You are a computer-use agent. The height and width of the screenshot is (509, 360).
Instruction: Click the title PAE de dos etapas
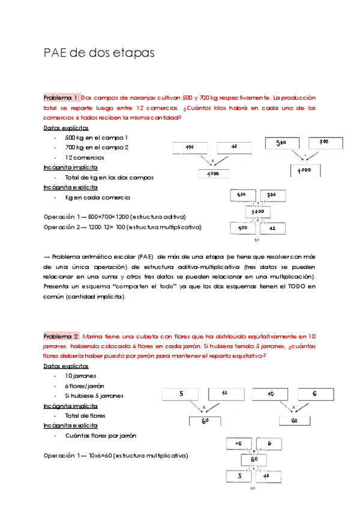click(x=100, y=53)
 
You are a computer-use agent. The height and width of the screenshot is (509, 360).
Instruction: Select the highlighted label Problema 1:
click(x=61, y=97)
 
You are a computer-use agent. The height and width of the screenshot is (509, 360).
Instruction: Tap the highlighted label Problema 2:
click(x=61, y=337)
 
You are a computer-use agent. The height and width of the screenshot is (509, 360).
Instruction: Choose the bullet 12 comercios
click(x=87, y=157)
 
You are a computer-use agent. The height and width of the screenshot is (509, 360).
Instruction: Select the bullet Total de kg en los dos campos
click(x=109, y=177)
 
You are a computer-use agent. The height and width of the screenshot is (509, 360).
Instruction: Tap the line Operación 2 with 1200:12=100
click(x=122, y=227)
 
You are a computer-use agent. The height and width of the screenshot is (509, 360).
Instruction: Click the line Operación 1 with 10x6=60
click(x=115, y=456)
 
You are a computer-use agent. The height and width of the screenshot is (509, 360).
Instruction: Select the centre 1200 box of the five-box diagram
click(x=259, y=212)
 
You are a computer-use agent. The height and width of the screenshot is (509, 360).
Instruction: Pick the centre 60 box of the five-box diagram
click(x=255, y=460)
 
